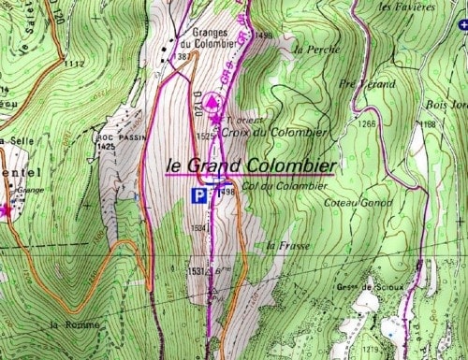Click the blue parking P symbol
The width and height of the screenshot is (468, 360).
pos(197,195)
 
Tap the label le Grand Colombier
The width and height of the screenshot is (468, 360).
pos(249,165)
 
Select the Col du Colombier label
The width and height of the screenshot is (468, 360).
pos(275,186)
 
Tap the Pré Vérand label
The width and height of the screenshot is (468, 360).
pos(359,82)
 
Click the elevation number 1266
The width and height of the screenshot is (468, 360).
pos(364,123)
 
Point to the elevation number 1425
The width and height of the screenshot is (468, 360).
pos(105,147)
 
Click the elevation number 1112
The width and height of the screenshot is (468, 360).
pos(76,64)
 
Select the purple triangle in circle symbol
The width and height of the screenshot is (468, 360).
pos(212,101)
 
